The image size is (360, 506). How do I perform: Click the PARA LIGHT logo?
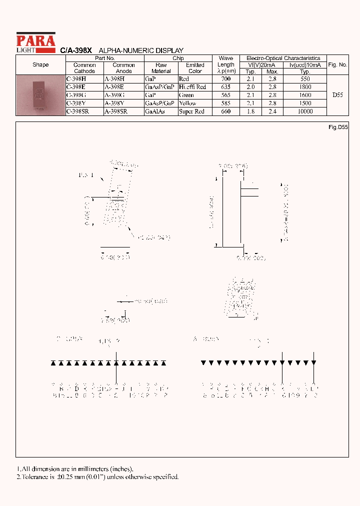(35, 42)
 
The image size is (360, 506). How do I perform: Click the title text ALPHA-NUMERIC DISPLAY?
(141, 50)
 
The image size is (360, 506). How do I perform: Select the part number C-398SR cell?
(77, 111)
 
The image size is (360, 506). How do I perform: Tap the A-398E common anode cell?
(115, 87)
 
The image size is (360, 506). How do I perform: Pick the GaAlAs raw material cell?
(154, 111)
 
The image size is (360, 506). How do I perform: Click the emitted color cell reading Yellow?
(187, 103)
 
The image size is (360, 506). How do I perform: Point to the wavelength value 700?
(225, 79)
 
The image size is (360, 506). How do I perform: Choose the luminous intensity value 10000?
(305, 111)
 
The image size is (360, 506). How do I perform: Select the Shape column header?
(40, 65)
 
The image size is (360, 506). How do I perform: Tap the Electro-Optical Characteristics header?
(283, 58)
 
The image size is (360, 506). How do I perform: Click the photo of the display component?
(40, 95)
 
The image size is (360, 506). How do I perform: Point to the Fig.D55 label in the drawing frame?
(337, 127)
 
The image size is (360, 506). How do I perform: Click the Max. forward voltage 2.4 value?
(272, 111)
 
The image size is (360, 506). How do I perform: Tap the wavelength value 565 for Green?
(225, 95)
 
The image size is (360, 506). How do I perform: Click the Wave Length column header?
(225, 64)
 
